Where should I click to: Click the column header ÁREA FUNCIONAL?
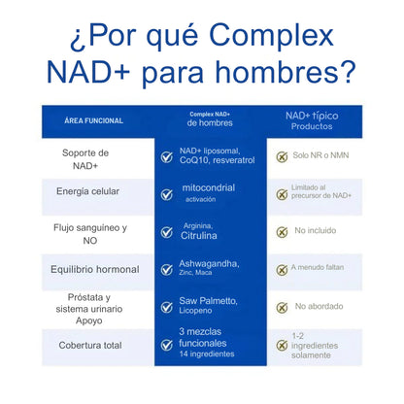[93, 121]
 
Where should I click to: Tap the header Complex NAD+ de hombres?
[211, 118]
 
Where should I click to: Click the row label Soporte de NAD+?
[85, 160]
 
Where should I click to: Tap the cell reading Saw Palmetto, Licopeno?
[209, 307]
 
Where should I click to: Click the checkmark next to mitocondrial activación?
[166, 193]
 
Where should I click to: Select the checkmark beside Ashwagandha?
[166, 270]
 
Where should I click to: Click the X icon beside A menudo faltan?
[281, 270]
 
